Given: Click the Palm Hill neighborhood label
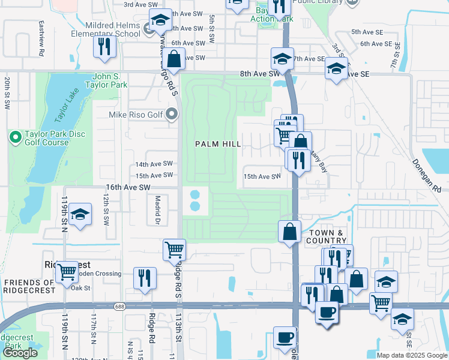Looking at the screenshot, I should tap(218, 144).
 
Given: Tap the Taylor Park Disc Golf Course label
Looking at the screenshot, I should tap(47, 138).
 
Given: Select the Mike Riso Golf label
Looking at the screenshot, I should tap(136, 114).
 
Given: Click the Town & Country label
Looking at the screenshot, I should tap(328, 237).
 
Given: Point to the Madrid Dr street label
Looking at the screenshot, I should tap(158, 210).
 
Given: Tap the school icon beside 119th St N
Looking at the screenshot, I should tap(79, 215).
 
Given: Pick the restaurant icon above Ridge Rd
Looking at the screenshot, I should tap(144, 277).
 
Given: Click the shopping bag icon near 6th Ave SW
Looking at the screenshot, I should tap(174, 59).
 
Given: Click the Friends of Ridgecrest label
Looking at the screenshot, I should tap(29, 287).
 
